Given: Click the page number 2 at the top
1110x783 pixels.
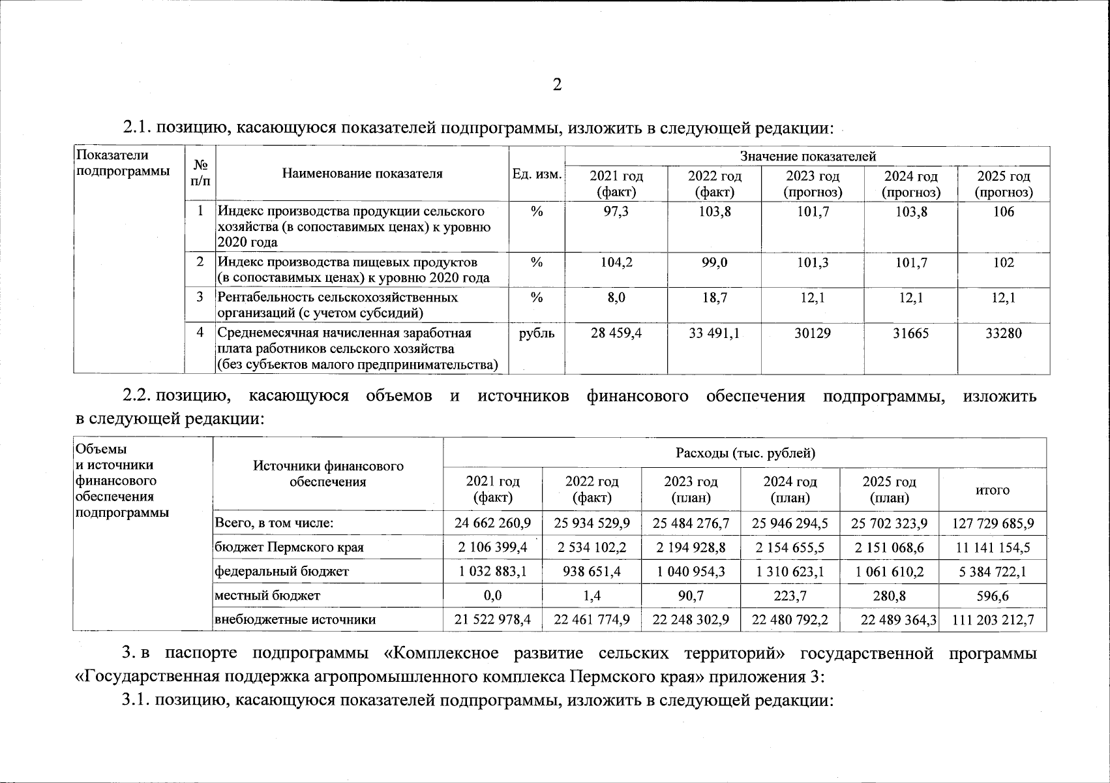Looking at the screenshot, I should [556, 85].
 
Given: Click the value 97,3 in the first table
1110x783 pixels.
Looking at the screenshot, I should [616, 212].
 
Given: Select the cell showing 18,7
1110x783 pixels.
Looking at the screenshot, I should [714, 298].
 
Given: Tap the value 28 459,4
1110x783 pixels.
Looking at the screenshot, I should [616, 333].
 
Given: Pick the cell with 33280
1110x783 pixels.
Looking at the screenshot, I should [1004, 333].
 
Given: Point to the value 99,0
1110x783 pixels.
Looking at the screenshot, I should [714, 263].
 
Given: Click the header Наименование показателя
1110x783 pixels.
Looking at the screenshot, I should [362, 174].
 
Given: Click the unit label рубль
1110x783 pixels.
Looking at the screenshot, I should [537, 333].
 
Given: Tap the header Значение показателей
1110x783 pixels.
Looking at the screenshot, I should [807, 157].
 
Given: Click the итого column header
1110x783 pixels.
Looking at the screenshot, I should [993, 490].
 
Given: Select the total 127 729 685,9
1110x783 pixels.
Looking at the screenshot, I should [993, 523].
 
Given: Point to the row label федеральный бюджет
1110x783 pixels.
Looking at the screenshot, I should [282, 572].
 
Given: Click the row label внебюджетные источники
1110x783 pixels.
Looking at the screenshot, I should [295, 620].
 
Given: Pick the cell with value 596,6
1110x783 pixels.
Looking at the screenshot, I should [993, 596].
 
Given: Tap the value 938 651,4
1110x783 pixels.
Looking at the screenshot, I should [592, 572].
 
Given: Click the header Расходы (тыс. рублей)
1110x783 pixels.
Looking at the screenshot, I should [745, 453].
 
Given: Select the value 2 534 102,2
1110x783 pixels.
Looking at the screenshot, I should [592, 547].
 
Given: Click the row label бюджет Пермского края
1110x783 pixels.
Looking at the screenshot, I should [289, 547].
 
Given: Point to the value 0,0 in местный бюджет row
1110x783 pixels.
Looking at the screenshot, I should [492, 596].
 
